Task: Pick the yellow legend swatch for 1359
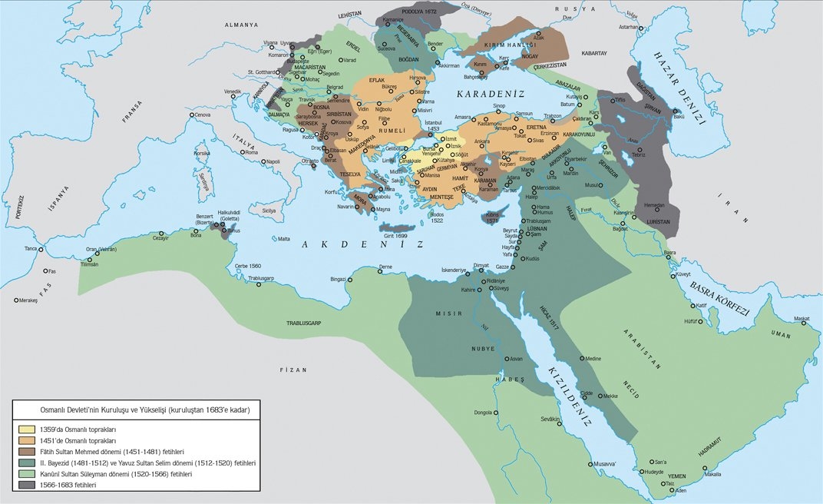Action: click(26, 429)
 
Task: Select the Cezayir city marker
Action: click(161, 234)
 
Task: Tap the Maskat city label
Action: click(801, 318)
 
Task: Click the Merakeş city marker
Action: click(16, 300)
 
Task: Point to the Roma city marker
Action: click(242, 153)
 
